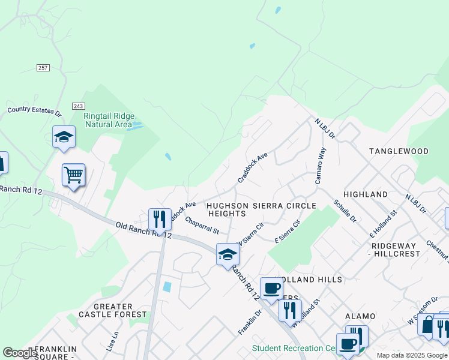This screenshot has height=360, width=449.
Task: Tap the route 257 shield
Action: pyautogui.click(x=43, y=68)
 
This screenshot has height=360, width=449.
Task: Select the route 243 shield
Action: pyautogui.click(x=78, y=106)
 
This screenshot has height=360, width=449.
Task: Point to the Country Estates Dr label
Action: pyautogui.click(x=34, y=111)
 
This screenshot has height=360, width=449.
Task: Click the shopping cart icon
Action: pyautogui.click(x=73, y=175)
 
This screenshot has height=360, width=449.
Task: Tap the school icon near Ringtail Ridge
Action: pyautogui.click(x=64, y=137)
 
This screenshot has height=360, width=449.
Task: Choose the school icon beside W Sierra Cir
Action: pyautogui.click(x=228, y=254)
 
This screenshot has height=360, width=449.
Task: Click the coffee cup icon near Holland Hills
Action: pyautogui.click(x=271, y=289)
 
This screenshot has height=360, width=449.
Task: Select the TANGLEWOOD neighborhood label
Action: pyautogui.click(x=399, y=151)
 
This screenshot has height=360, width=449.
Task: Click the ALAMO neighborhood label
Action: pyautogui.click(x=360, y=316)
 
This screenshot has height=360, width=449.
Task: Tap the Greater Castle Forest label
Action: pyautogui.click(x=112, y=310)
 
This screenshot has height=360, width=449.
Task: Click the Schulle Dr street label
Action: pyautogui.click(x=345, y=211)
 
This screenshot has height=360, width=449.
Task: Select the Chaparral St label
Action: pyautogui.click(x=202, y=226)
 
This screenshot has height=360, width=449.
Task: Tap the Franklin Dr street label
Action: pyautogui.click(x=250, y=322)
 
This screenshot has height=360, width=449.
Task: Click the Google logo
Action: pyautogui.click(x=20, y=353)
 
